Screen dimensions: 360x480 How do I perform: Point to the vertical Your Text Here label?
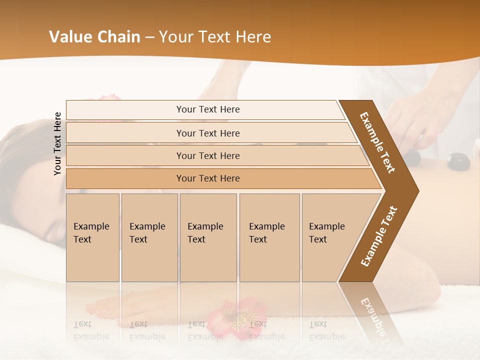pos(58,143)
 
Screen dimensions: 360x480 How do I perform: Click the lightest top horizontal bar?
pos(207,109)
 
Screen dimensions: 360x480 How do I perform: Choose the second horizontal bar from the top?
pos(207,133)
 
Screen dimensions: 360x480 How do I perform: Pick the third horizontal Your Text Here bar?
pos(207,155)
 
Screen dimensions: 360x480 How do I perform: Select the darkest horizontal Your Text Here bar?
pos(207,178)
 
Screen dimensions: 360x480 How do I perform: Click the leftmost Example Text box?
pos(92,237)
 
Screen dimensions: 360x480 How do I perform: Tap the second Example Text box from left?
pos(149,237)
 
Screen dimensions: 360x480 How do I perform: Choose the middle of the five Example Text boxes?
pos(208,237)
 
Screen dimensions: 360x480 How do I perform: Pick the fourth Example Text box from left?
pos(269,237)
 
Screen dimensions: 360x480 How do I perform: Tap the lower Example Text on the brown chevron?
pos(379,236)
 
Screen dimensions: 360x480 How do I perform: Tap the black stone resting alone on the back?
pos(456,160)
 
